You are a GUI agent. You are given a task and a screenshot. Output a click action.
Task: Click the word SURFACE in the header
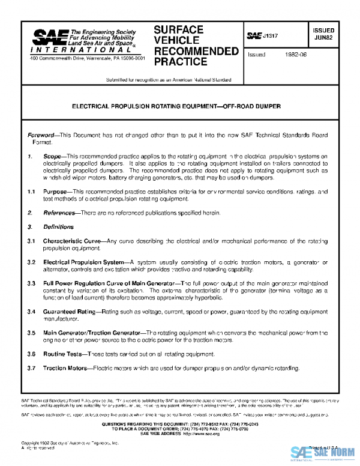[x=178, y=30]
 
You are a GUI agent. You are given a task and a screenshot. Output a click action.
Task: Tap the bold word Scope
[x=52, y=157]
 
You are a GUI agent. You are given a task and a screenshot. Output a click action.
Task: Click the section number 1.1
[x=32, y=191]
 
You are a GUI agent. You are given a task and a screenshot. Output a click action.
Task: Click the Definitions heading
[x=58, y=227]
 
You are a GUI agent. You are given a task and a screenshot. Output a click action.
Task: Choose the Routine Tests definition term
[x=63, y=354]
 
